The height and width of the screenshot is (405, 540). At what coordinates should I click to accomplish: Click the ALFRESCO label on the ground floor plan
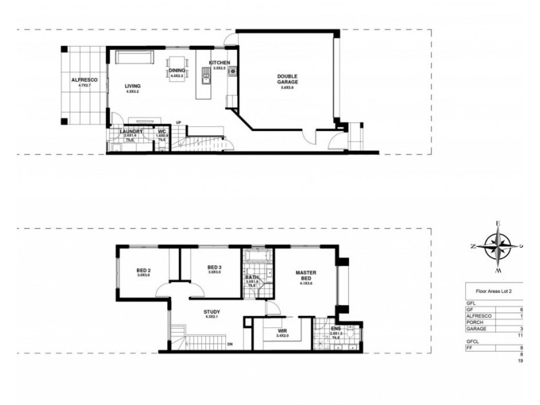click(x=84, y=80)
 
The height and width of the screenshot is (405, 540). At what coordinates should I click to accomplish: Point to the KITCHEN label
click(x=219, y=63)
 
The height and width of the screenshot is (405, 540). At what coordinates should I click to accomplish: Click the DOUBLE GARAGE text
click(x=288, y=80)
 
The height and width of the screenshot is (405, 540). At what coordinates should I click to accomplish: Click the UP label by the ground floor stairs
click(x=178, y=122)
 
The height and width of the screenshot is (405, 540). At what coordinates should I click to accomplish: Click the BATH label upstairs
click(x=252, y=277)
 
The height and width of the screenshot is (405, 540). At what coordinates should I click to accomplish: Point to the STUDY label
click(x=212, y=313)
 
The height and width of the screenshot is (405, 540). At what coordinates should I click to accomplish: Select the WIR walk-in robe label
click(x=281, y=331)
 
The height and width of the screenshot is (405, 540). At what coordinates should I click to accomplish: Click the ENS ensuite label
click(x=335, y=329)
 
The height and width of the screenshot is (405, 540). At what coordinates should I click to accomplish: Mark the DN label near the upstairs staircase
click(x=230, y=344)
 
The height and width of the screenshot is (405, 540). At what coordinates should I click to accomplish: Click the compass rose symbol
click(x=497, y=246)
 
